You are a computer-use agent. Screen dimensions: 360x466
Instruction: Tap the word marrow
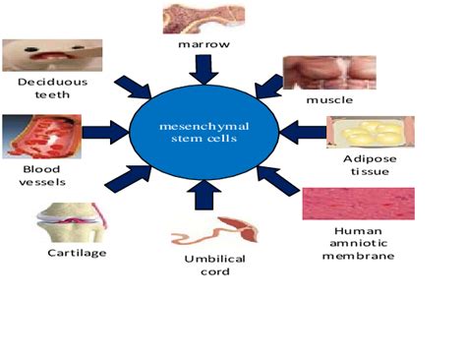coord(205,46)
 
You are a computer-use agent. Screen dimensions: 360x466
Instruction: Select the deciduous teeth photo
coord(53,56)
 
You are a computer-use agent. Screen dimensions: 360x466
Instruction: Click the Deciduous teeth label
coord(53,89)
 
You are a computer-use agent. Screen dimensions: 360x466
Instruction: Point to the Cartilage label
coord(77,253)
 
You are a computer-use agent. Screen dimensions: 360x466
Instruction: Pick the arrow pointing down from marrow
coord(205,69)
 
